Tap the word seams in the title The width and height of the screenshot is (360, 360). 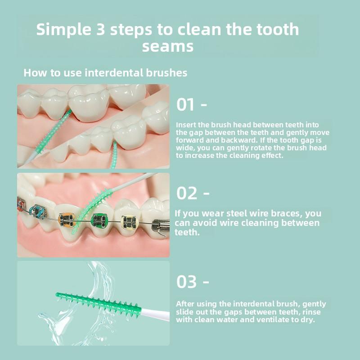click(x=168, y=46)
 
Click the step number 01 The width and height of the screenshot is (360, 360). click(x=186, y=105)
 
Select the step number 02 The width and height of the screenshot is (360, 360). click(x=187, y=193)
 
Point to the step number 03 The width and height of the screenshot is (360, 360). click(x=187, y=282)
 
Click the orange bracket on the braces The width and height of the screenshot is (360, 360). click(x=67, y=220)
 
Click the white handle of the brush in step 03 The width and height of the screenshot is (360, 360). click(x=155, y=314)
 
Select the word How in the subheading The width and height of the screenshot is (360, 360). click(x=33, y=73)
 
